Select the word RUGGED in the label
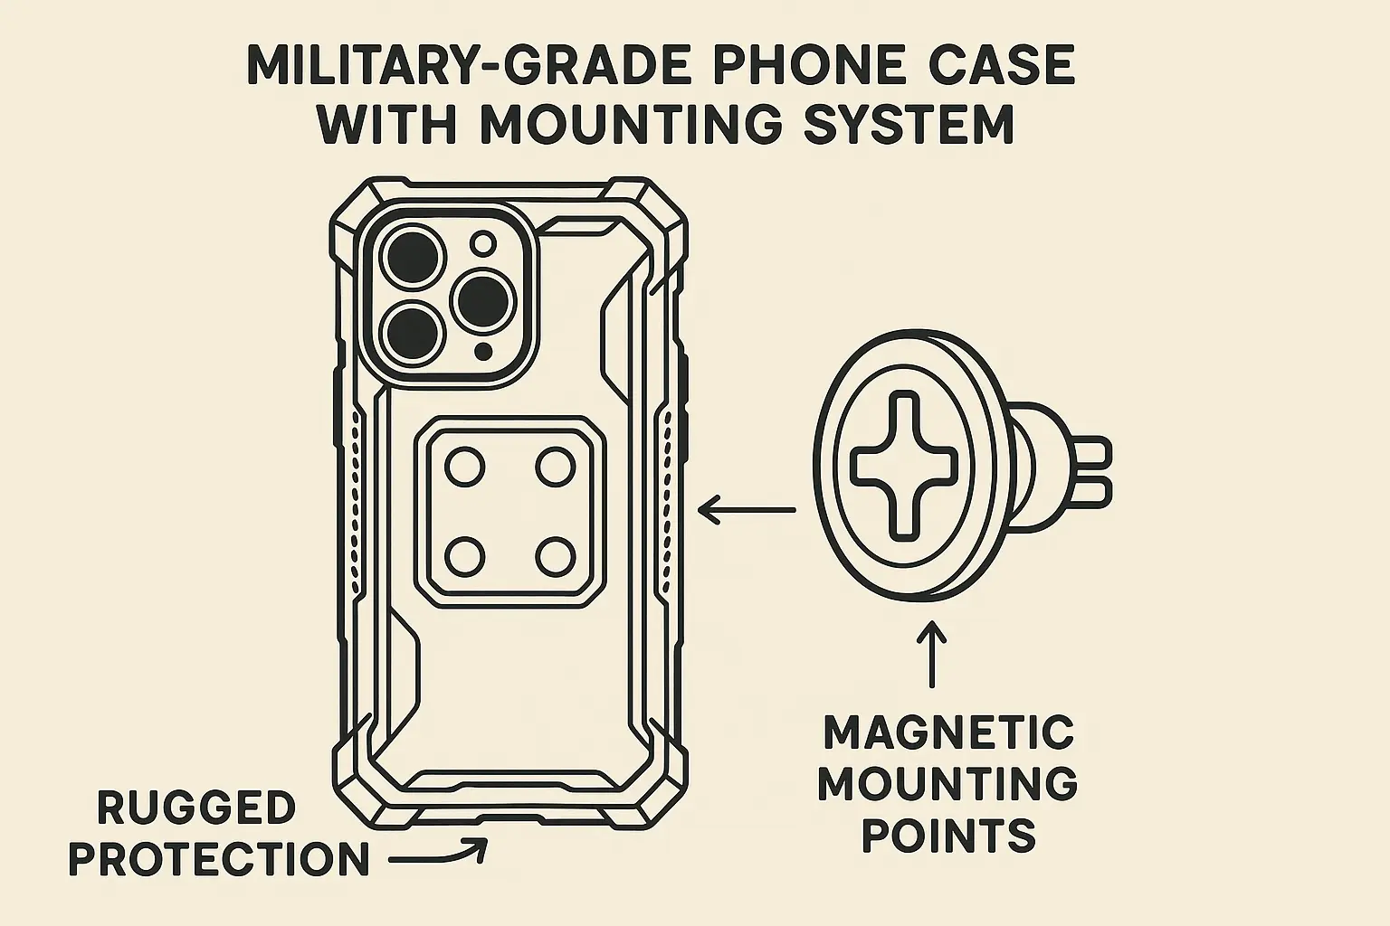point(196,808)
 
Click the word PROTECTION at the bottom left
point(219,859)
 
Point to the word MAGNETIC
point(948,732)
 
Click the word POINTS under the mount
point(948,836)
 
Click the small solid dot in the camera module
point(485,350)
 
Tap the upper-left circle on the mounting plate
point(465,467)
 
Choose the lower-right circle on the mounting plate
point(555,555)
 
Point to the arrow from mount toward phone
point(747,510)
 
